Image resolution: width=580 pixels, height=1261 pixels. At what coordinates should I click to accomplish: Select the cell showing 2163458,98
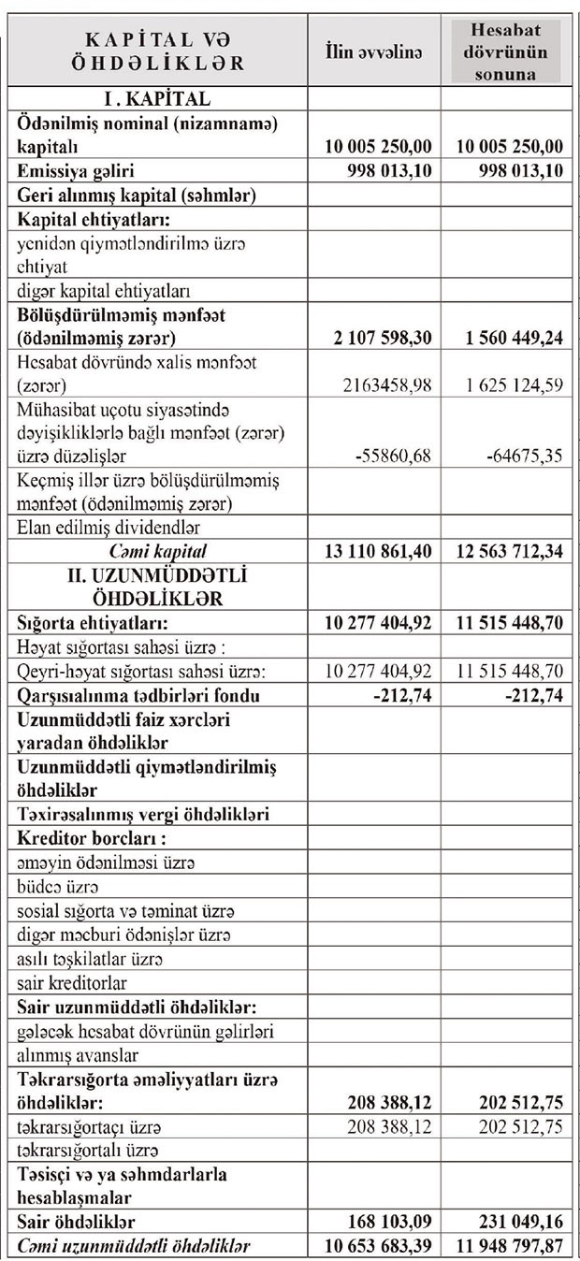(386, 384)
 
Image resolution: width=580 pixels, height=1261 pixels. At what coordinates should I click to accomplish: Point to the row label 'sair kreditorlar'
(72, 983)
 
